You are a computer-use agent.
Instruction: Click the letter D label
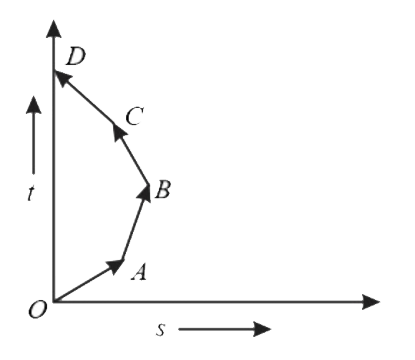(76, 56)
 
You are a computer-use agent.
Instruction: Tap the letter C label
(135, 116)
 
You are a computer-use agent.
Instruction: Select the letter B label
(163, 190)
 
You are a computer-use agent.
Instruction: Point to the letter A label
(139, 271)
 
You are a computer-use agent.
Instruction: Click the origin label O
(38, 309)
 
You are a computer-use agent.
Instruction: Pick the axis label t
(31, 193)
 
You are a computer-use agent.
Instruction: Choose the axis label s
(160, 330)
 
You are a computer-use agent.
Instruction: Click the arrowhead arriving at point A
(116, 266)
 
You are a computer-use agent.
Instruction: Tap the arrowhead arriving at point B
(145, 193)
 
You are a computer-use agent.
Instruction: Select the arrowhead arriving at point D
(62, 78)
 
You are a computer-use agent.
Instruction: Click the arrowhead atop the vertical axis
(54, 29)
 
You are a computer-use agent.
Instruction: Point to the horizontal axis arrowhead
(371, 301)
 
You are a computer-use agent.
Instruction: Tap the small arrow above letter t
(34, 135)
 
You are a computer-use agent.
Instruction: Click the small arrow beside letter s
(225, 329)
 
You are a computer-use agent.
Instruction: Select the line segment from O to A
(88, 281)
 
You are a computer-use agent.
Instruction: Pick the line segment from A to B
(135, 223)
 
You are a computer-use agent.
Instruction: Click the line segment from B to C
(131, 154)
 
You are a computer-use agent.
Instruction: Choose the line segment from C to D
(84, 97)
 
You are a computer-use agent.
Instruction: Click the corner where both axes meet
(54, 301)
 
